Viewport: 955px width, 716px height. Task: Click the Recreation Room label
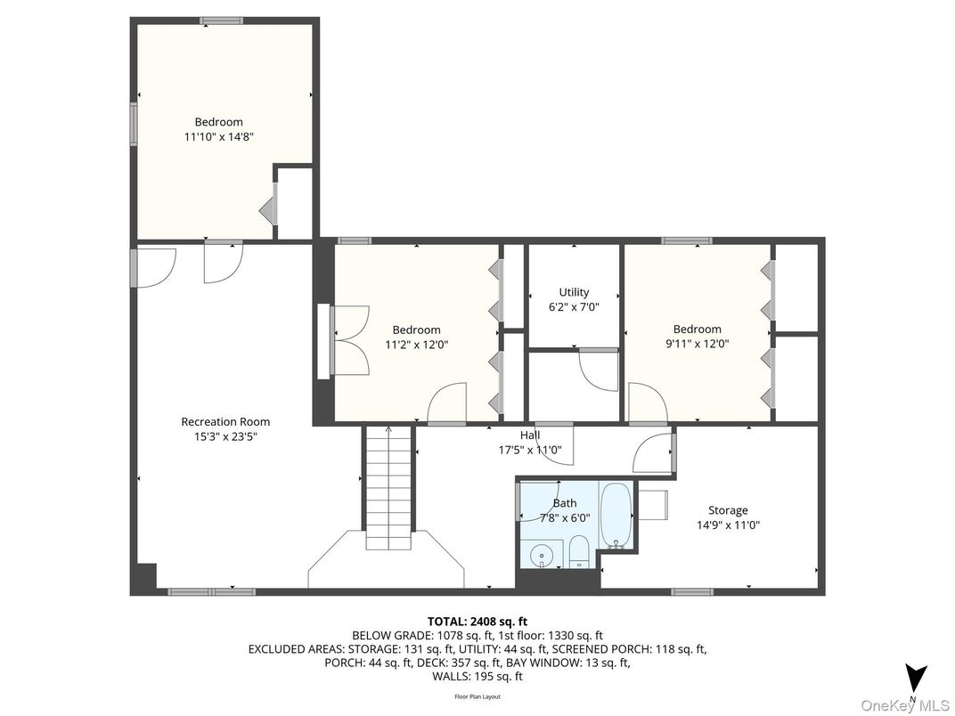pos(225,421)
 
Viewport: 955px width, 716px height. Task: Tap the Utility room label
pos(574,292)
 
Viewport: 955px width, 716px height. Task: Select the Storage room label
pos(727,510)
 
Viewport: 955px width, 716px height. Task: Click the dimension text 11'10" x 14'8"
pos(219,136)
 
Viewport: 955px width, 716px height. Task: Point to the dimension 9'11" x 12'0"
pos(697,343)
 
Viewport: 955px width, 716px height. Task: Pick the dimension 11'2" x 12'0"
pos(416,344)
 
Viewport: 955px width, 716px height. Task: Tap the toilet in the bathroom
pos(578,551)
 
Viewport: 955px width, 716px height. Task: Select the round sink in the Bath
pos(541,556)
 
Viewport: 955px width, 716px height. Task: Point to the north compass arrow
pos(915,678)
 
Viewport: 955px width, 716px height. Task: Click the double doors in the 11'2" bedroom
pos(351,340)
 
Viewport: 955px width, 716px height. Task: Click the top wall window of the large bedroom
pos(218,20)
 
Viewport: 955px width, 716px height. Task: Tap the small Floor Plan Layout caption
pos(477,696)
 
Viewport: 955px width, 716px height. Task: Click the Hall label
pos(530,435)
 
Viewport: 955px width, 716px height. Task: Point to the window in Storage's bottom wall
pos(691,591)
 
